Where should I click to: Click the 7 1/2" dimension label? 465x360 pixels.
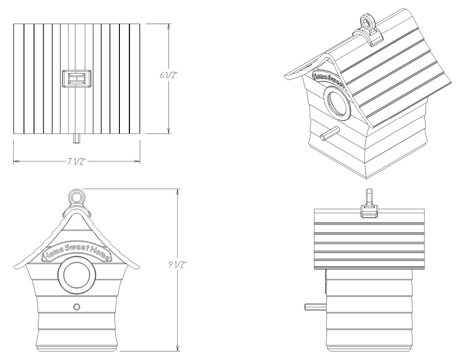(76, 162)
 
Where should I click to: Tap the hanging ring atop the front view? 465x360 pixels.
(76, 197)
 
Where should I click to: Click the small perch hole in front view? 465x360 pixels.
(76, 307)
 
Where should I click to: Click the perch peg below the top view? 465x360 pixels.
(76, 137)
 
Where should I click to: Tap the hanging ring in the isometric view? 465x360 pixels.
(366, 22)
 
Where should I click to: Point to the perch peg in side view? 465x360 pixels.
(314, 307)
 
